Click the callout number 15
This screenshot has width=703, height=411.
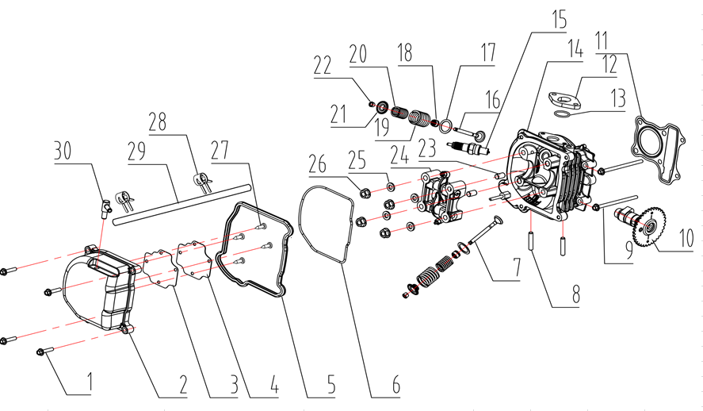coord(560,19)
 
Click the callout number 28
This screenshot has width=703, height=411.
coord(159,122)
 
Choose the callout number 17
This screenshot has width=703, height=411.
coord(485,54)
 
